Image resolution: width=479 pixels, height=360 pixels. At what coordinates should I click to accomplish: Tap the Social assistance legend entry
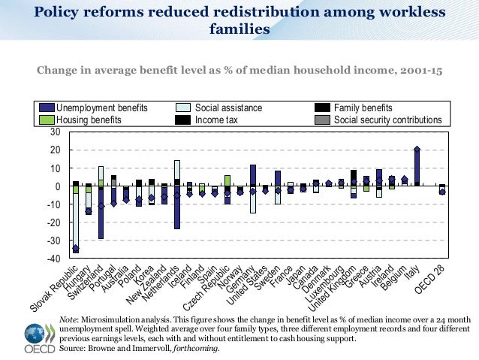(228, 107)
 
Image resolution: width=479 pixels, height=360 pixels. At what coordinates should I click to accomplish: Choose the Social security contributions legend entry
(387, 119)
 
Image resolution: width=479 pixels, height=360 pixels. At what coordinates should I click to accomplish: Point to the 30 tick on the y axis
(54, 132)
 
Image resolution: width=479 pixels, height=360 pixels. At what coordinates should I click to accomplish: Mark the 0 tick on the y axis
(56, 186)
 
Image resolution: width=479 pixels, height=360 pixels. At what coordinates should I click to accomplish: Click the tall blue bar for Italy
(417, 166)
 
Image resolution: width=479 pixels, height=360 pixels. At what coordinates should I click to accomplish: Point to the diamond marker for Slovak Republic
(75, 249)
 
